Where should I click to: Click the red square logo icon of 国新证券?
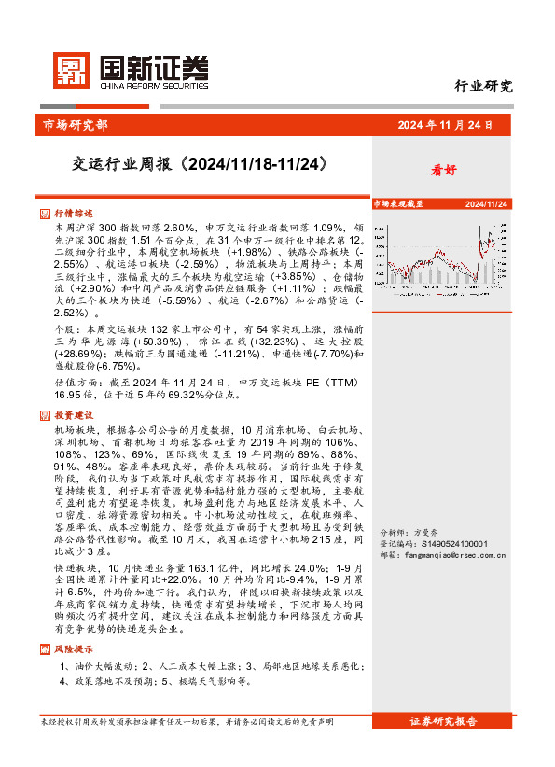67,68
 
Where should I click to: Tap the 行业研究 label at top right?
483,87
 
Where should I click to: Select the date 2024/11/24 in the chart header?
487,203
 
